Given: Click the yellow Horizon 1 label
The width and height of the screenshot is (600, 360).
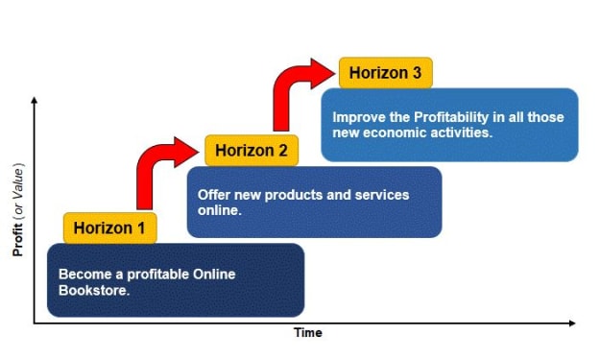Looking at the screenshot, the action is [x=109, y=228].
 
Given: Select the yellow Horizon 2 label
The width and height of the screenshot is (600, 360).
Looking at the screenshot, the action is [x=252, y=151].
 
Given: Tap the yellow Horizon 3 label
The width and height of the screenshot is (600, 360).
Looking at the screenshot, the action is [x=386, y=73].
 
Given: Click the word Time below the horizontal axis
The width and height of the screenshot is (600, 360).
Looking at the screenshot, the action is [x=308, y=332].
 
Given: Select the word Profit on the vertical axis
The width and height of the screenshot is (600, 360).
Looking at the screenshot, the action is [x=17, y=239].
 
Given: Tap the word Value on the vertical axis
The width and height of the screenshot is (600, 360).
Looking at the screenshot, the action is [x=17, y=184].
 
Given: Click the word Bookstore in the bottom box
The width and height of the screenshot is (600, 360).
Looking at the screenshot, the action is [x=94, y=290].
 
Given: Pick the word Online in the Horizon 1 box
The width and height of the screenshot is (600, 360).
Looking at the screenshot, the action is [x=214, y=275].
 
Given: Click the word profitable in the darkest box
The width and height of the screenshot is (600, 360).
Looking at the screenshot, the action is [x=158, y=275].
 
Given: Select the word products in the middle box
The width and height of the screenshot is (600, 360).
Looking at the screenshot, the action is [x=294, y=195].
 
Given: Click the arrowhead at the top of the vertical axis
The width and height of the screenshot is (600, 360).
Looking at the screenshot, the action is [x=34, y=100].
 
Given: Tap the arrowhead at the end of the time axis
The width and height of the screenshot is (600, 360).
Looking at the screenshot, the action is [x=572, y=324].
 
